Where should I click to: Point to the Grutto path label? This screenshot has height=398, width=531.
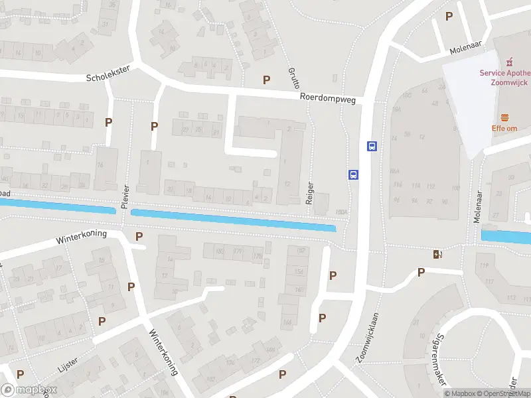pos(294,78)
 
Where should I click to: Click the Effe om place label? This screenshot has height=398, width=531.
pos(504,128)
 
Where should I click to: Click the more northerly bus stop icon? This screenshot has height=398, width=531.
pos(372,147)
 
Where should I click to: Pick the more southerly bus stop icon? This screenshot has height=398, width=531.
pos(354,175)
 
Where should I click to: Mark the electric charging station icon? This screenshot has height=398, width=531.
pos(437,253)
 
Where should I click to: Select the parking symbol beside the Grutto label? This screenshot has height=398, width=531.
pos(267,80)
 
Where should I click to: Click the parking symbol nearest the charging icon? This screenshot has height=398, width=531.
pos(421,272)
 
